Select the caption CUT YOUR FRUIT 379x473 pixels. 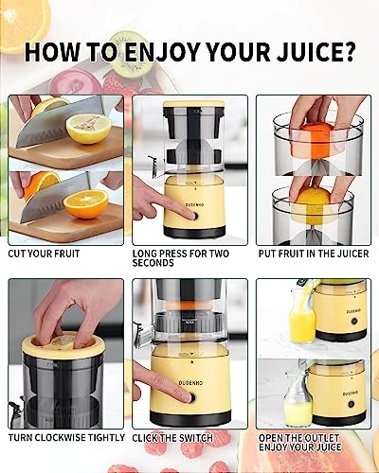click(44, 254)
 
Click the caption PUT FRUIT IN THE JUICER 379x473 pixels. click(314, 254)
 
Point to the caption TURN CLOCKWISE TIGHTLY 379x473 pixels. click(66, 438)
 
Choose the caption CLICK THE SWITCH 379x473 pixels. click(172, 438)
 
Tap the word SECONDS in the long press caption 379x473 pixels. click(153, 263)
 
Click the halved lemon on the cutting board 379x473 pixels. click(89, 129)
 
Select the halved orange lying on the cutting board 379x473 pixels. click(86, 204)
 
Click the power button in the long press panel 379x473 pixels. click(193, 217)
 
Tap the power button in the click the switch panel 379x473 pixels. click(191, 397)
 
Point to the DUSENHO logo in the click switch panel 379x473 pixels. click(190, 383)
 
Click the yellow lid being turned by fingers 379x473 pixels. click(63, 347)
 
